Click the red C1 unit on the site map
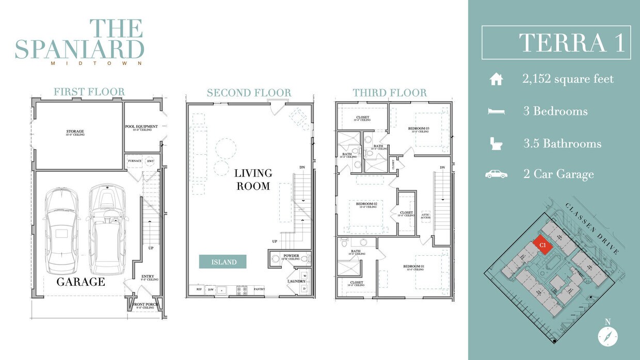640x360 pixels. [x=542, y=246]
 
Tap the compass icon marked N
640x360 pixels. [x=607, y=336]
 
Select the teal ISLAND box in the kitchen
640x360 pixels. [x=223, y=262]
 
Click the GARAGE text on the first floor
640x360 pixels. [x=81, y=282]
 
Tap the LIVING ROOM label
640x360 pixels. [x=253, y=179]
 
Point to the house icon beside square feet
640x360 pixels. [x=496, y=79]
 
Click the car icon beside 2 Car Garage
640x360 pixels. [x=496, y=174]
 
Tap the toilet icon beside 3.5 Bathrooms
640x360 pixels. [x=496, y=143]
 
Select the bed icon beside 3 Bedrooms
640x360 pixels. [x=496, y=111]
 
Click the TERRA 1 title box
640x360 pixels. [x=556, y=42]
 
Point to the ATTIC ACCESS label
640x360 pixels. [x=426, y=216]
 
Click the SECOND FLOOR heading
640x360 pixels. [x=249, y=93]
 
